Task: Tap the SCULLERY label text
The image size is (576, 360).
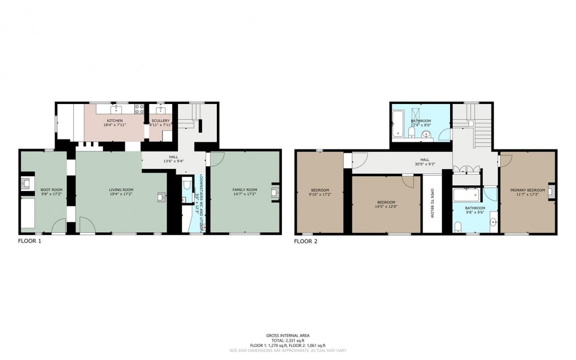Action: pyautogui.click(x=160, y=120)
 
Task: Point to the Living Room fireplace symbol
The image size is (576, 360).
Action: pyautogui.click(x=162, y=197)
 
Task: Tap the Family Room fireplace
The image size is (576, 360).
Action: pyautogui.click(x=275, y=193)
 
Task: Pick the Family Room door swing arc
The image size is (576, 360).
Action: pyautogui.click(x=215, y=158)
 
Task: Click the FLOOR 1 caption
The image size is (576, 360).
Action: pyautogui.click(x=29, y=241)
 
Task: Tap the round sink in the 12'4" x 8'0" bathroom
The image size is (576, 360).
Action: pyautogui.click(x=426, y=133)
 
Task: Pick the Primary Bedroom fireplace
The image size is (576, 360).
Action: pyautogui.click(x=552, y=190)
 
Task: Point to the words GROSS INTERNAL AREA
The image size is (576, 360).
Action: pyautogui.click(x=287, y=335)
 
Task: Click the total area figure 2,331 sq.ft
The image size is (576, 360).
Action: pyautogui.click(x=287, y=340)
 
